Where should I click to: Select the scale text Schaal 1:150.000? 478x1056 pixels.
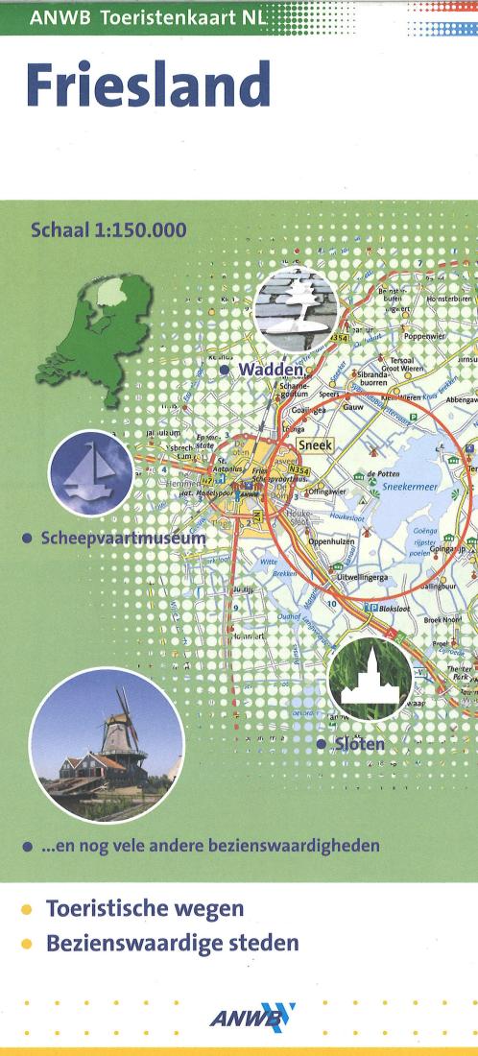pyautogui.click(x=108, y=229)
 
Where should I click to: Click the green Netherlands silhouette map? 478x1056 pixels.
pyautogui.click(x=91, y=331)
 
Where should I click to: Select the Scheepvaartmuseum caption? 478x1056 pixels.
pyautogui.click(x=122, y=539)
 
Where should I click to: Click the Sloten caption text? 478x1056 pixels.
pyautogui.click(x=356, y=744)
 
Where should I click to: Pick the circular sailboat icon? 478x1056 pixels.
pyautogui.click(x=91, y=473)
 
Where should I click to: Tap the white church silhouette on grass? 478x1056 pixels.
pyautogui.click(x=370, y=677)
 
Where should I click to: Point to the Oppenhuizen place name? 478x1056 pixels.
pyautogui.click(x=331, y=540)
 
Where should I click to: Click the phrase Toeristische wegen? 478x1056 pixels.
pyautogui.click(x=144, y=908)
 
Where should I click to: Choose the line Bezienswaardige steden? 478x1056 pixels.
pyautogui.click(x=172, y=943)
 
